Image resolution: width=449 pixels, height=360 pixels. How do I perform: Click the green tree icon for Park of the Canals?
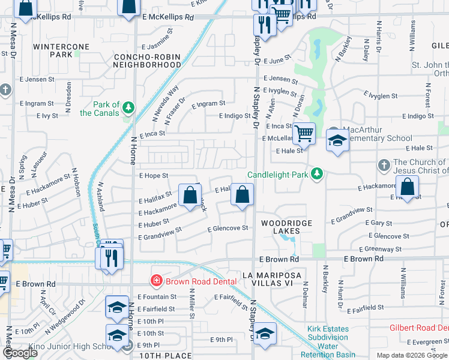tap(127, 108)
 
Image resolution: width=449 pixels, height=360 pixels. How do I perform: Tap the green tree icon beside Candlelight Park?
tap(317, 175)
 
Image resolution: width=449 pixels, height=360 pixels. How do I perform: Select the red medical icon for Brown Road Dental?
tap(156, 280)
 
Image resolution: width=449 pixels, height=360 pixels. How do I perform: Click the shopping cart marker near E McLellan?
tap(304, 133)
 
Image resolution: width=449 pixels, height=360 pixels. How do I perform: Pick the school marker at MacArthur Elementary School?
tap(338, 141)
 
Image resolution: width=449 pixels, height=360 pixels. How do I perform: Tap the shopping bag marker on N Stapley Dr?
tap(242, 195)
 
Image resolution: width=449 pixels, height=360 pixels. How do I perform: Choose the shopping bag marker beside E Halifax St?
tap(190, 195)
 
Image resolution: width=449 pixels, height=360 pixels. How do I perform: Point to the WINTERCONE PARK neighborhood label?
tap(61, 50)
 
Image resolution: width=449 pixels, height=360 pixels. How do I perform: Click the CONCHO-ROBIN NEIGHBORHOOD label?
tap(147, 61)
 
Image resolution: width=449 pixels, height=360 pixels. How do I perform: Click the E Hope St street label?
tap(153, 176)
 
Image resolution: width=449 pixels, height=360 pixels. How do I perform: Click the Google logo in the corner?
tap(20, 353)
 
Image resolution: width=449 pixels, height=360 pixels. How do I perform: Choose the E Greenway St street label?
tap(380, 249)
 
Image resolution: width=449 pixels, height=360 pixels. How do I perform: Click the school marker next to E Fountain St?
tap(117, 307)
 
